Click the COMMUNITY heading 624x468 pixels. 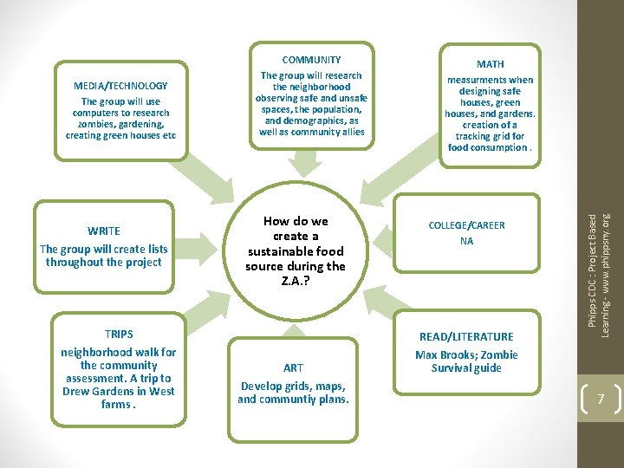tap(311, 60)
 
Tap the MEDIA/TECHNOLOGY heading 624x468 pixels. tap(120, 86)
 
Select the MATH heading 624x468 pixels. tap(490, 64)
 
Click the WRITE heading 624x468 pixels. tap(104, 231)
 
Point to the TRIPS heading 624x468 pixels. tap(119, 334)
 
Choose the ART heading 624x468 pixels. tap(293, 367)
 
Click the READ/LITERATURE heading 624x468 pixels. tap(466, 336)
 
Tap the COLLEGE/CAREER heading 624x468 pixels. tap(466, 225)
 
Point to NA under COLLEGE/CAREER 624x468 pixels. tap(466, 241)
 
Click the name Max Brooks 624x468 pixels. tap(439, 354)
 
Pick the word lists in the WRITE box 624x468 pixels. tap(149, 249)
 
